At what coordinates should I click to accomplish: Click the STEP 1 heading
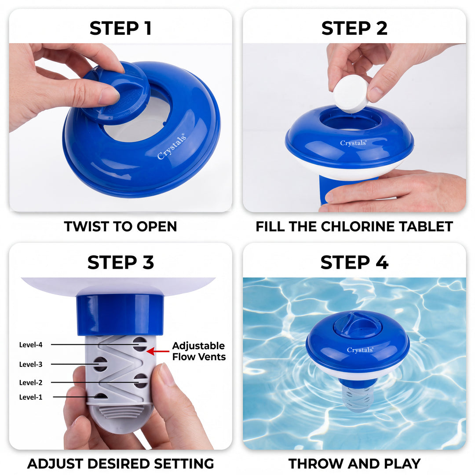click(121, 28)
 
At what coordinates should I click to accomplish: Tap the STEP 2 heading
click(354, 28)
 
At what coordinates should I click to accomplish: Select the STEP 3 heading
click(121, 263)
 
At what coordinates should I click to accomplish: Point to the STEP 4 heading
click(354, 263)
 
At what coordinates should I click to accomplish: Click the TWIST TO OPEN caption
click(121, 227)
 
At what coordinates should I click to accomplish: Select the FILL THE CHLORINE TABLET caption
click(354, 227)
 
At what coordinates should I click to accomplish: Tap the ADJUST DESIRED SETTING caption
click(121, 463)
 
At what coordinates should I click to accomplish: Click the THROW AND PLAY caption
click(354, 463)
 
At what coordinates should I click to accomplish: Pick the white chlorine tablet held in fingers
click(351, 93)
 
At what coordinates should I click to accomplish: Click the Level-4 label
click(31, 345)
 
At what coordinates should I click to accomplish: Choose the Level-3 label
click(31, 364)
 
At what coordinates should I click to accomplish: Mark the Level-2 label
click(31, 383)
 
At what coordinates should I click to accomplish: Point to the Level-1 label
click(31, 397)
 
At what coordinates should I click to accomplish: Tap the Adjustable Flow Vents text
click(199, 351)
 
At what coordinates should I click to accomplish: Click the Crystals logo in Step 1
click(172, 146)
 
